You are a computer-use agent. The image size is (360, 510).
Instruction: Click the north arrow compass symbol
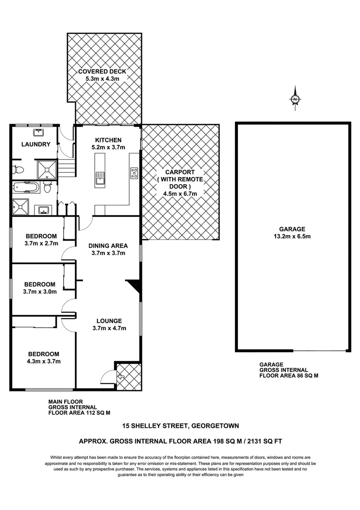click(295, 99)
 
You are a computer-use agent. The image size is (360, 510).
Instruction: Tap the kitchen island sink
click(100, 178)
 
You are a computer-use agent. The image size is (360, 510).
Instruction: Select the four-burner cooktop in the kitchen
click(134, 173)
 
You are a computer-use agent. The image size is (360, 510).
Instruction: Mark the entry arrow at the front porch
click(120, 377)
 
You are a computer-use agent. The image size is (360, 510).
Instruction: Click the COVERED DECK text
click(102, 71)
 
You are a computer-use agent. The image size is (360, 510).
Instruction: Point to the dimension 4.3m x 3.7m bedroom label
click(43, 361)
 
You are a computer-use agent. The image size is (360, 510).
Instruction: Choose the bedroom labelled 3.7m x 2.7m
click(41, 240)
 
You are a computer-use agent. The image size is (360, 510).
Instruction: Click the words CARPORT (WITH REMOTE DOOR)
click(180, 179)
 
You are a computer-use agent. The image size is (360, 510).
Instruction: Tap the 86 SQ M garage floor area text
click(289, 376)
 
